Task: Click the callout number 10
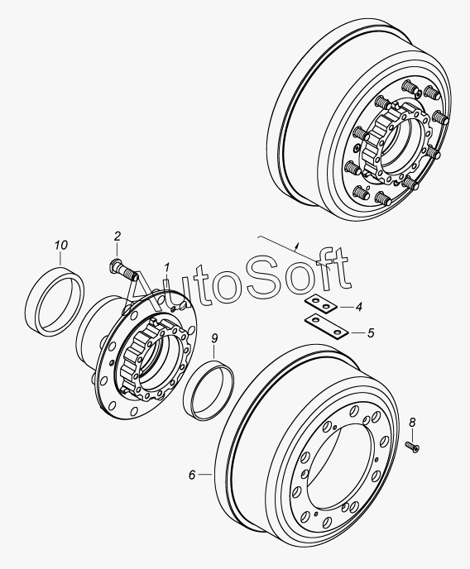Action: pyautogui.click(x=61, y=246)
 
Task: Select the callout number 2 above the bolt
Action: pyautogui.click(x=117, y=237)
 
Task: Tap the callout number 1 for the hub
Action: pyautogui.click(x=166, y=268)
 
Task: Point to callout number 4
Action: pyautogui.click(x=358, y=307)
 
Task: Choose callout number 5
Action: pyautogui.click(x=371, y=332)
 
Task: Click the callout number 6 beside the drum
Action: pyautogui.click(x=192, y=475)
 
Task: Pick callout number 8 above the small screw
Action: pyautogui.click(x=412, y=423)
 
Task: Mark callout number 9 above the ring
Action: pyautogui.click(x=214, y=338)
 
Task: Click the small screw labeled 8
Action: pyautogui.click(x=412, y=447)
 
